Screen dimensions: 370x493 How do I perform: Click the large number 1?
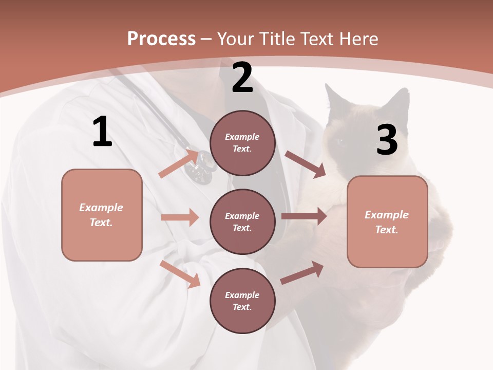click(x=102, y=132)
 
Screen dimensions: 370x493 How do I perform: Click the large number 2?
click(x=242, y=78)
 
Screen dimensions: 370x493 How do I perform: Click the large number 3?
click(x=387, y=140)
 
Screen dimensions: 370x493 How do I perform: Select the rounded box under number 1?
click(x=102, y=215)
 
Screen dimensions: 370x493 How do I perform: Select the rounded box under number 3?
click(x=387, y=221)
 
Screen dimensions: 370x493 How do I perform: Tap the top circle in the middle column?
click(x=242, y=143)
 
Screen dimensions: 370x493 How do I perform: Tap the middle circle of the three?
click(x=242, y=221)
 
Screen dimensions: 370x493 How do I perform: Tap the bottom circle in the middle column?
click(x=242, y=301)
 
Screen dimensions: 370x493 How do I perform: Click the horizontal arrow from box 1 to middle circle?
click(x=180, y=217)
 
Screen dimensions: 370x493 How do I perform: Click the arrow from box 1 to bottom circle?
click(x=180, y=274)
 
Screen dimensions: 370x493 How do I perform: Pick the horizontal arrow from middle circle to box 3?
click(x=304, y=216)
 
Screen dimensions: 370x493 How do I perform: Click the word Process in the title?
click(x=161, y=39)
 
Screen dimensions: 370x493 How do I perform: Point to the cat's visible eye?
click(x=340, y=142)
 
